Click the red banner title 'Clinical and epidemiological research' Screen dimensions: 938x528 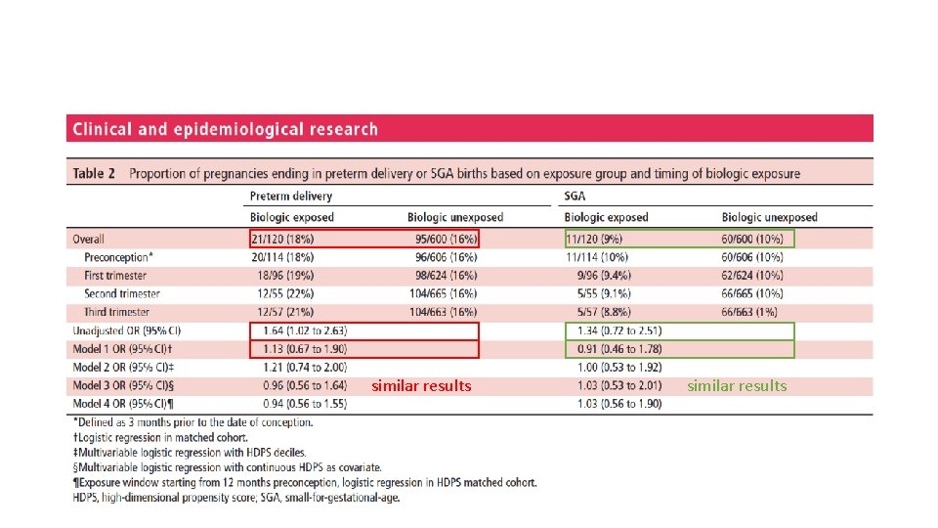click(x=225, y=129)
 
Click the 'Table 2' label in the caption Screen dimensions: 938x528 click(x=94, y=174)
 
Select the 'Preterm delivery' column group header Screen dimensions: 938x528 click(x=291, y=196)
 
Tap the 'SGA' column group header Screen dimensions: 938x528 click(x=575, y=196)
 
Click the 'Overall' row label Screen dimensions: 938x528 click(x=88, y=239)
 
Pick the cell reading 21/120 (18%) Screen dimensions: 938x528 click(x=282, y=239)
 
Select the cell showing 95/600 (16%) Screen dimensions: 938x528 click(x=447, y=239)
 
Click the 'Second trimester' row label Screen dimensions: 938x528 click(x=122, y=294)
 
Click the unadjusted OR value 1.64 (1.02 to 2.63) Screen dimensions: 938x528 click(x=305, y=330)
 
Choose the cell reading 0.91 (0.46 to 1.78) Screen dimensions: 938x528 click(x=619, y=349)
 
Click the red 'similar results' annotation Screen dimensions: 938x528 click(x=421, y=386)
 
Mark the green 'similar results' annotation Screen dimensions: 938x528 click(x=737, y=386)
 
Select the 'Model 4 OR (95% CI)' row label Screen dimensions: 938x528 click(x=123, y=404)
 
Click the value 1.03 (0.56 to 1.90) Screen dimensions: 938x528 click(x=619, y=404)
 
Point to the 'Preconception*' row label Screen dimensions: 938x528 click(x=118, y=257)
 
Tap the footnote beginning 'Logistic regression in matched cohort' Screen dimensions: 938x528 click(x=160, y=438)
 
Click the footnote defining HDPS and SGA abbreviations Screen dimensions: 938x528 click(x=236, y=498)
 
